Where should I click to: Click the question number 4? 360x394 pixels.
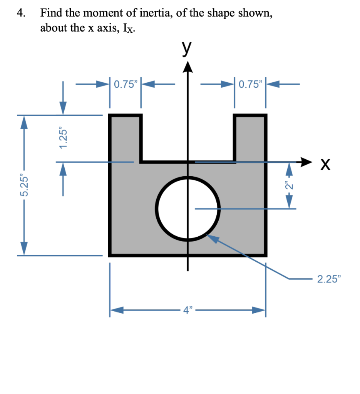(21, 13)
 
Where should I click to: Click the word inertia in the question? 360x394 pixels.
(156, 13)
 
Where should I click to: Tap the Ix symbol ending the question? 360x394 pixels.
(129, 28)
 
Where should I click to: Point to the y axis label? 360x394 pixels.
(186, 48)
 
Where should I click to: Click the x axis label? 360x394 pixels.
(325, 164)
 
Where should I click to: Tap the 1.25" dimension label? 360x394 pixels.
(63, 138)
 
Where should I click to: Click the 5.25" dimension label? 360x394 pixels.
(24, 185)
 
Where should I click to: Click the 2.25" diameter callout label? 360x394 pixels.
(329, 279)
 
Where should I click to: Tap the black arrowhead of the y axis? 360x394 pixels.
(188, 67)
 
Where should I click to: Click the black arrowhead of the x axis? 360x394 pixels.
(306, 162)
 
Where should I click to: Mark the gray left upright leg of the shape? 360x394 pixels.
(125, 138)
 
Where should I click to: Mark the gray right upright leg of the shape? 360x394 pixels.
(250, 138)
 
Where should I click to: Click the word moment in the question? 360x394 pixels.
(103, 13)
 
